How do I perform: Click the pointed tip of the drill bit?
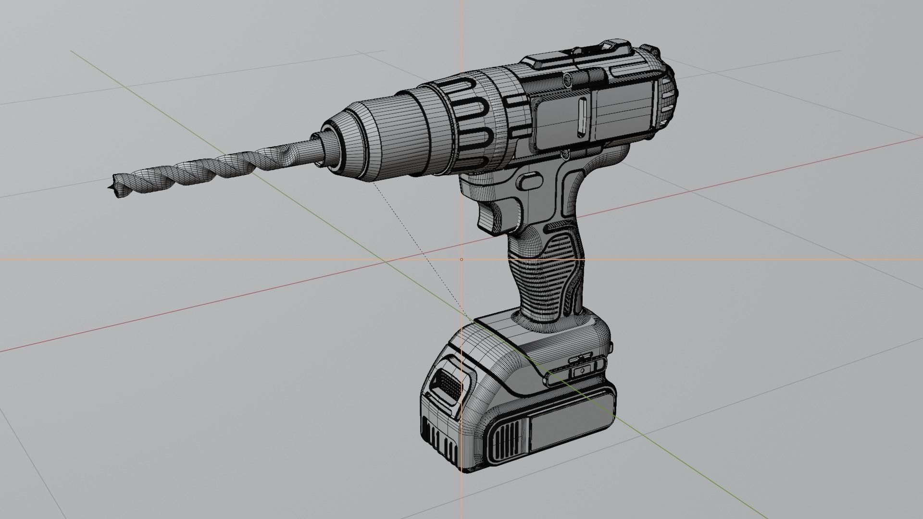(x=109, y=186)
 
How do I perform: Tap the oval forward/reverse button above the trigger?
(x=529, y=181)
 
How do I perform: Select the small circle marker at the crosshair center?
(x=461, y=259)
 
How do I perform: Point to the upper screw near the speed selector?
(x=567, y=78)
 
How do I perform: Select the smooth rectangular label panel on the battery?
(x=572, y=422)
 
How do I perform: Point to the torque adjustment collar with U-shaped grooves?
(x=476, y=123)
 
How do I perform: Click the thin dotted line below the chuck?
(x=409, y=231)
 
